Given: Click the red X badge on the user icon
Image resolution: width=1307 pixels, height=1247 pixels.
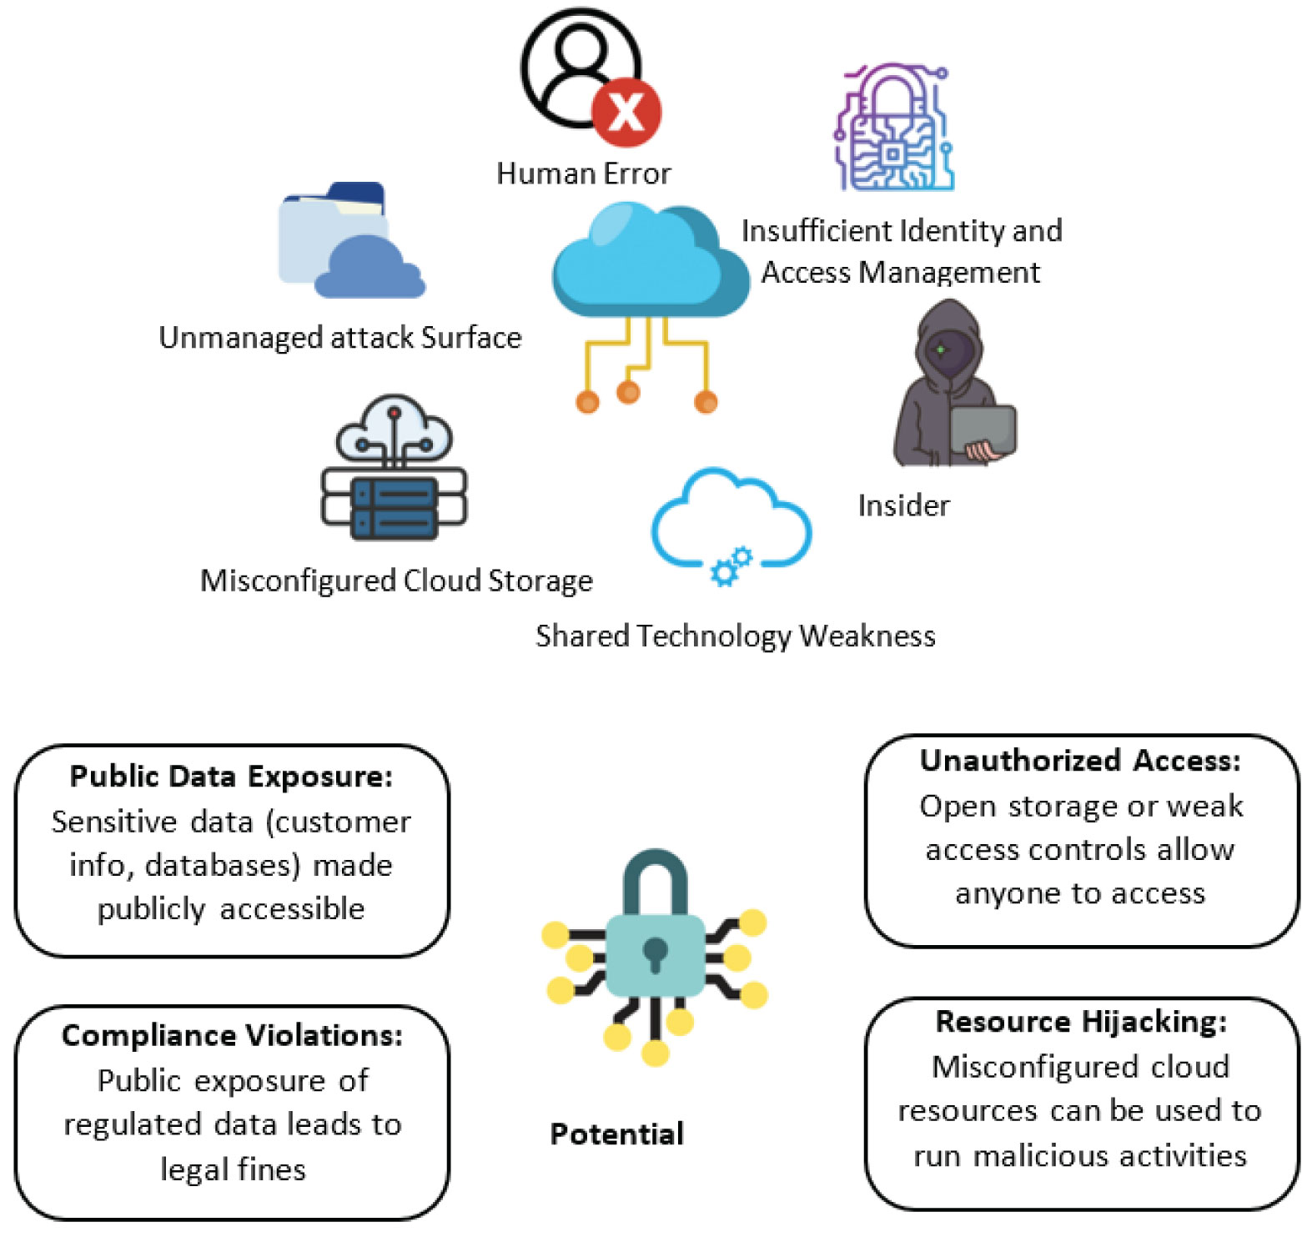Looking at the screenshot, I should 626,112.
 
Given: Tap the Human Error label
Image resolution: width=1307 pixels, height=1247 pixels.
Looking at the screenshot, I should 583,173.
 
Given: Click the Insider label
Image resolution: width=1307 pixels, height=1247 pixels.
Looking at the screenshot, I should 903,505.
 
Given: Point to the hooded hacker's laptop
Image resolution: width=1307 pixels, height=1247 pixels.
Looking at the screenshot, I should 983,430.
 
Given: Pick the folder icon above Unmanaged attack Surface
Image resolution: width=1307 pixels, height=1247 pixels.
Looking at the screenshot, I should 350,242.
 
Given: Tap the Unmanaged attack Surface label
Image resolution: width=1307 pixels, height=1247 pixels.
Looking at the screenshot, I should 339,338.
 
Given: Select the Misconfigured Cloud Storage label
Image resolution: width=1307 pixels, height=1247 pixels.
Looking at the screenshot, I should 396,581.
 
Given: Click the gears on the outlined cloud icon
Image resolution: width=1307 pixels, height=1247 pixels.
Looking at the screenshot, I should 731,566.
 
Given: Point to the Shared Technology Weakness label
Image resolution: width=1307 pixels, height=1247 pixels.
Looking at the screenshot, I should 735,636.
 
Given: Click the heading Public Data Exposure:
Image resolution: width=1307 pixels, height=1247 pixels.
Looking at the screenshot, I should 231,777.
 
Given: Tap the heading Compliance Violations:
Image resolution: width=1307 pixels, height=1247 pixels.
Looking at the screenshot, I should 232,1035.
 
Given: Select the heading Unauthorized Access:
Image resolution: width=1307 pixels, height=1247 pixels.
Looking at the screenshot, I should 1080,761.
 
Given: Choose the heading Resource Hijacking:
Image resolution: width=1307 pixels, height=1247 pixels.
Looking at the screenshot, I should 1081,1022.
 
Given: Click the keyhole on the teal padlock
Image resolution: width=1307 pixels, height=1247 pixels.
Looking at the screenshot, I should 655,953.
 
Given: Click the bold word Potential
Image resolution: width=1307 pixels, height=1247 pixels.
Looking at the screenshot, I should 616,1134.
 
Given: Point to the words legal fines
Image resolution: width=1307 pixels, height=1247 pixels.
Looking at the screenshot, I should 233,1169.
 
